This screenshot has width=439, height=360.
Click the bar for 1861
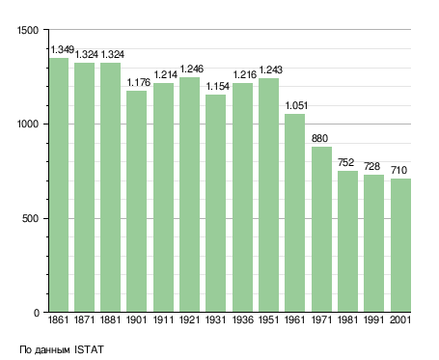tap(59, 185)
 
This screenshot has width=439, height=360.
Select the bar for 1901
tap(136, 202)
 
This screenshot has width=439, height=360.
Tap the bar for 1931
tap(215, 204)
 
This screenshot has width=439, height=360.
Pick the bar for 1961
tap(294, 213)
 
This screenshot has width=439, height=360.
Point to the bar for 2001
tap(400, 245)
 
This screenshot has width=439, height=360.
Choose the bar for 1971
tap(321, 230)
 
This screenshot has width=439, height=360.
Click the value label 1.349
tap(63, 50)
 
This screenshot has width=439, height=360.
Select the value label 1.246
tap(192, 69)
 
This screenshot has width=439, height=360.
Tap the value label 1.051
tap(296, 105)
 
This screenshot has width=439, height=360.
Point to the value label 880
tap(319, 138)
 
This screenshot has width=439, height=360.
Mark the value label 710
tap(398, 170)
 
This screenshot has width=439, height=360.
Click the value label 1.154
tap(218, 86)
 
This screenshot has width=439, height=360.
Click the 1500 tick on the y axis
tap(28, 30)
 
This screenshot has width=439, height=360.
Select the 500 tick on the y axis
tap(31, 219)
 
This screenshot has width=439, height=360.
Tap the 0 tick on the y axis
tap(37, 313)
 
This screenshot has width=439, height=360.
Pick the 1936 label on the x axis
tap(242, 319)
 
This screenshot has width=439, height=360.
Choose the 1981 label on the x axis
tap(348, 319)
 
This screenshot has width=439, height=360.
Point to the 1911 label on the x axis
tap(163, 319)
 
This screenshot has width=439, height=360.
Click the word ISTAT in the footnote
tap(89, 349)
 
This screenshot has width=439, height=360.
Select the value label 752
tap(345, 162)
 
